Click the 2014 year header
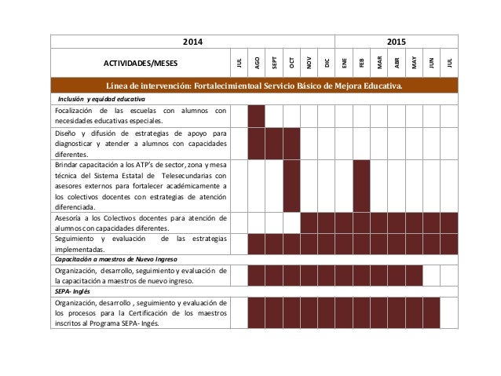pos(192,41)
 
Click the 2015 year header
pos(397,41)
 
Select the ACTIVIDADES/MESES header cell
pos(141,62)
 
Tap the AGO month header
pos(256,62)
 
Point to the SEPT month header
pos(274,62)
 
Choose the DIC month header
pos(326,62)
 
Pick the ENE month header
pos(344,62)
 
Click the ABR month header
pos(397,62)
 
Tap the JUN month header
pos(431,62)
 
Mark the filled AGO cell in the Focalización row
pos(256,115)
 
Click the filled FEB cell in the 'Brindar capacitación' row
pos(361,186)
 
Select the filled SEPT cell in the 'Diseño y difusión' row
pos(274,144)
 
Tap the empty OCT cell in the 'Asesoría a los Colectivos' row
pos(291,223)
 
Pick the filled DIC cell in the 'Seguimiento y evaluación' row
pos(326,243)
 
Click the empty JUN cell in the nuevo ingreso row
pos(431,275)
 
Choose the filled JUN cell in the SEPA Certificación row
pos(431,312)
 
